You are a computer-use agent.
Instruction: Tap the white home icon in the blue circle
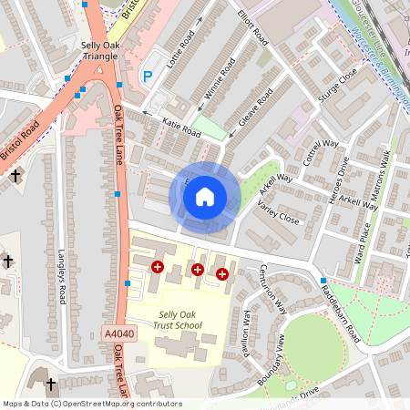205,195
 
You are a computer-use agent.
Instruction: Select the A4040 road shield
118,335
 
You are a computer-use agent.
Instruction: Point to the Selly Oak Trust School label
176,320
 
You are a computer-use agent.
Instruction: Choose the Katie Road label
181,127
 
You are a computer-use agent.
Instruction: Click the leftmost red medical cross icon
158,266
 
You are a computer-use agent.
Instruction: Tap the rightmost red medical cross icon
222,273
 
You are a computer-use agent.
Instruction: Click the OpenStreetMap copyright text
91,403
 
